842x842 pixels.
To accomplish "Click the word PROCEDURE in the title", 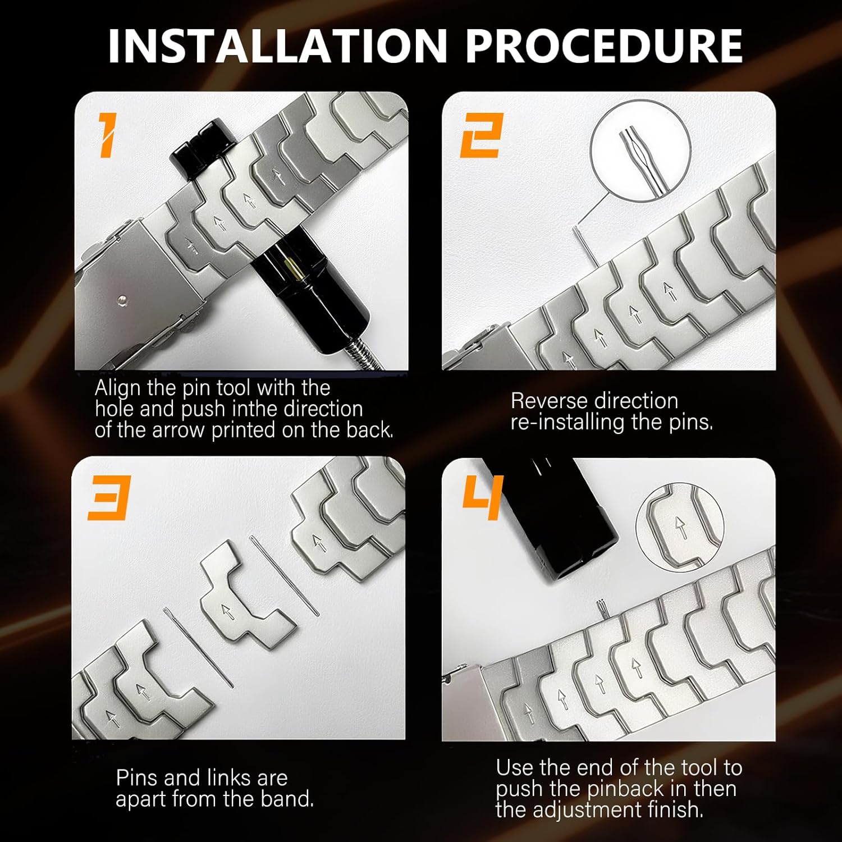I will (604, 46).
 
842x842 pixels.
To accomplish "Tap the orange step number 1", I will (107, 135).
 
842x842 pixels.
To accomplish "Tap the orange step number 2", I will (482, 135).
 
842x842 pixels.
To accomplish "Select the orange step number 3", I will (109, 498).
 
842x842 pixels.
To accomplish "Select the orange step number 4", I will (483, 497).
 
